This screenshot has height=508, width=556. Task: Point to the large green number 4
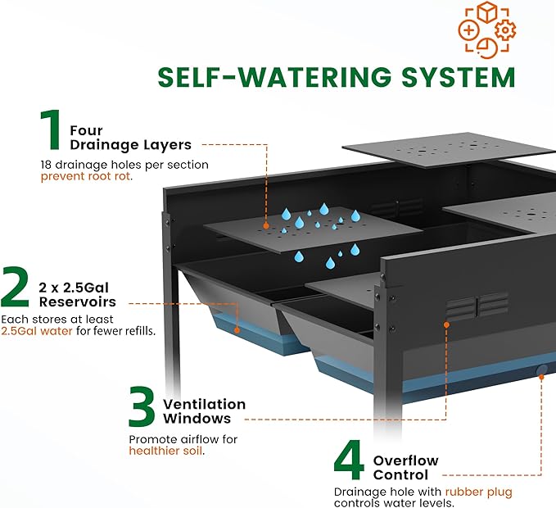[x=349, y=461]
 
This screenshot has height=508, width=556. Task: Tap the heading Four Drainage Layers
[x=130, y=137]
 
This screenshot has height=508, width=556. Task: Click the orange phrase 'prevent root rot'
[x=86, y=175]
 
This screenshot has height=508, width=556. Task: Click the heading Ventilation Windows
[x=204, y=411]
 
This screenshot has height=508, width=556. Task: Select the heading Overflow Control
[x=405, y=467]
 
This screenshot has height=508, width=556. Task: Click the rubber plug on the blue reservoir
[x=541, y=371]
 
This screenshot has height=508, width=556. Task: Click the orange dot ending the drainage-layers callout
[x=266, y=223]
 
